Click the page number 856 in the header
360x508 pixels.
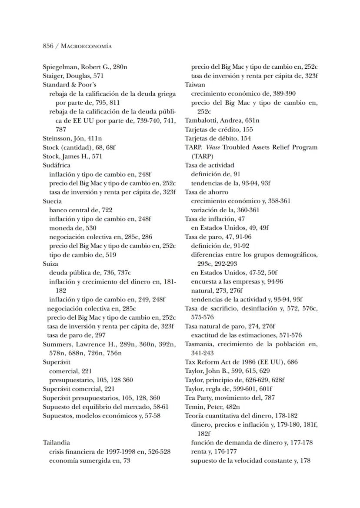click(48, 46)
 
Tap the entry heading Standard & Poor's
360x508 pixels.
click(63, 84)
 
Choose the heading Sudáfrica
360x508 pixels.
click(56, 165)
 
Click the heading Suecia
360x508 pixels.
click(52, 201)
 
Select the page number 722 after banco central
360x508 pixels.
click(107, 210)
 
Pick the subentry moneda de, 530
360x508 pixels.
click(72, 228)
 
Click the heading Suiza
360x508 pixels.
click(50, 264)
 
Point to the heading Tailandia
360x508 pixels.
click(57, 443)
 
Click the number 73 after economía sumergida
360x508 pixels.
click(127, 461)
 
